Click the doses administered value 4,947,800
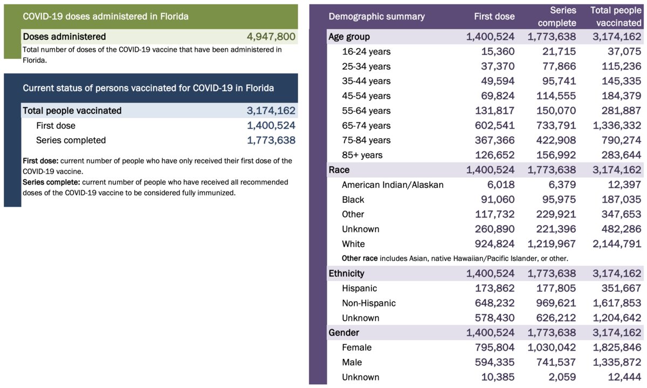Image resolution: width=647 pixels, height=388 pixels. (x=271, y=37)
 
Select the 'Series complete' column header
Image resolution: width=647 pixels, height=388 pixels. (x=557, y=17)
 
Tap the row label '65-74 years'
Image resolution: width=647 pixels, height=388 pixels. (x=366, y=126)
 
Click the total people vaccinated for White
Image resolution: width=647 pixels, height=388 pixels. (x=615, y=244)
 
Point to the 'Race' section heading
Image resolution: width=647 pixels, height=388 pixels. (x=339, y=170)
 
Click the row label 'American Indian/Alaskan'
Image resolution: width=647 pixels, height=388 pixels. (x=393, y=185)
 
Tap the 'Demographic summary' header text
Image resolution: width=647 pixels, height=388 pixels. (x=376, y=17)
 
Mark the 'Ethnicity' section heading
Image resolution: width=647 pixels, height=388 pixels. (x=346, y=274)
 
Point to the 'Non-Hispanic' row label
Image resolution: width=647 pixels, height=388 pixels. (x=369, y=303)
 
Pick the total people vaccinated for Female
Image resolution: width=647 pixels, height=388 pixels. (x=615, y=348)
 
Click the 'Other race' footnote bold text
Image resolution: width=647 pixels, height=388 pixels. (x=360, y=258)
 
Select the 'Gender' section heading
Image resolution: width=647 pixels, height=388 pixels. (x=344, y=332)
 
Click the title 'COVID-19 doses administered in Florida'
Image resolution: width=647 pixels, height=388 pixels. (x=106, y=17)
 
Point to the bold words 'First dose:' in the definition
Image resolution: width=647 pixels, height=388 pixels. (x=40, y=161)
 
